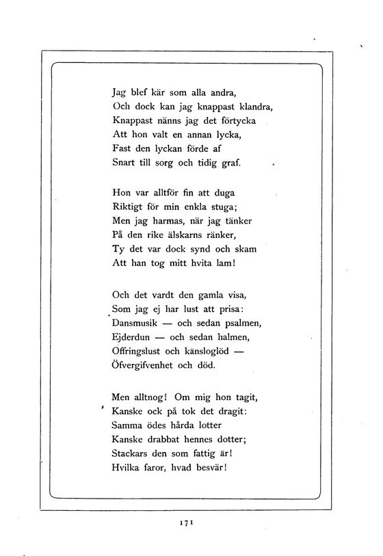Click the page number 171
coord(188,522)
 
